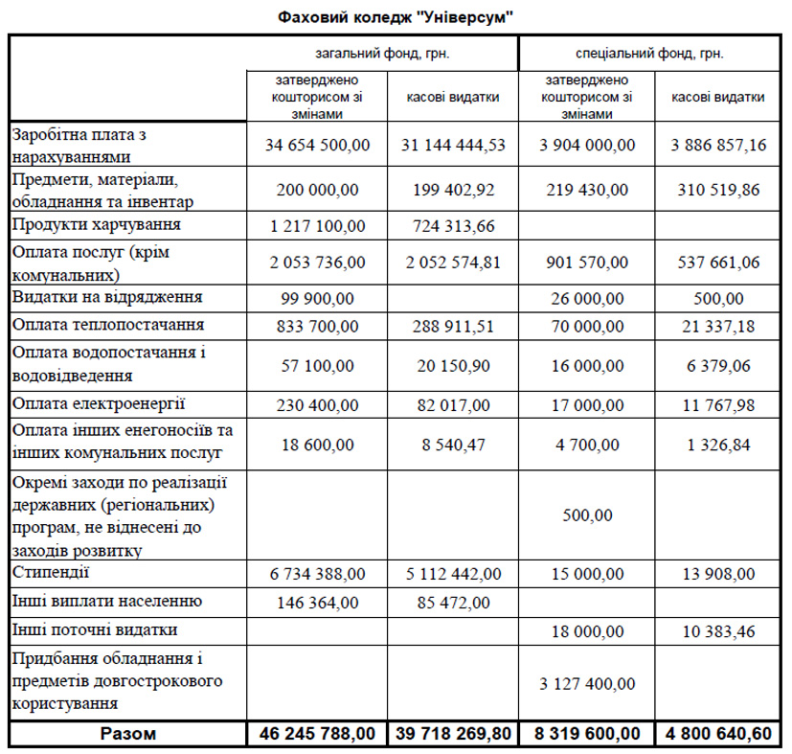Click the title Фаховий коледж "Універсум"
tap(396, 17)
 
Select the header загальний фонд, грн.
tap(383, 54)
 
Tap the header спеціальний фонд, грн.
tap(649, 54)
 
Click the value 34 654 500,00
tap(316, 145)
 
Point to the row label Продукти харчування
tap(98, 225)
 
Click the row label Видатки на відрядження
tap(107, 297)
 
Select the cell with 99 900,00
tap(316, 298)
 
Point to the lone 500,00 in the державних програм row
tap(587, 515)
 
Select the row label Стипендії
tap(52, 573)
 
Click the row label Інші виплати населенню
tap(106, 602)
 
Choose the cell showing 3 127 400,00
tap(587, 683)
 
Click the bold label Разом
tap(127, 734)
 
